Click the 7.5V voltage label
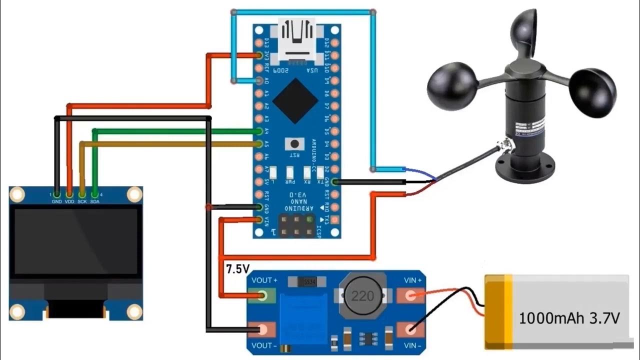coord(237,269)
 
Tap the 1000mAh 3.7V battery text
coord(569,318)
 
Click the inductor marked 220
coord(362,296)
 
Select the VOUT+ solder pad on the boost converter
coord(265,296)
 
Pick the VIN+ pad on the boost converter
coord(410,296)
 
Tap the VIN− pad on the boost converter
coord(410,329)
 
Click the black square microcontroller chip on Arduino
coord(295,101)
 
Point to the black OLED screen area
coord(76,241)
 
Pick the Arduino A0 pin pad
coord(259,80)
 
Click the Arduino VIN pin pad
coord(259,219)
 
